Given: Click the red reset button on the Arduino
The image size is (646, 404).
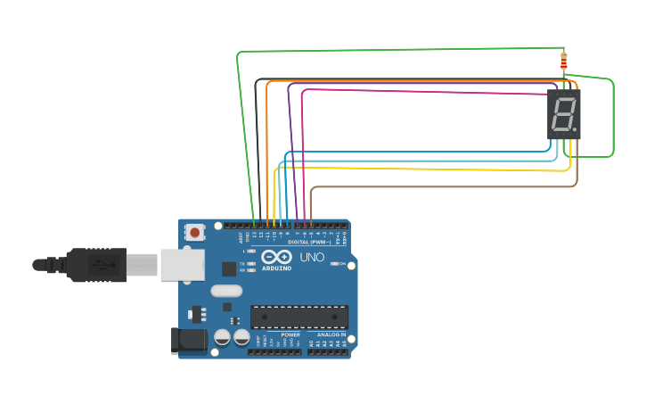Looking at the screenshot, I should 194,232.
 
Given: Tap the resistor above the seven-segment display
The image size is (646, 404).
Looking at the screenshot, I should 563,62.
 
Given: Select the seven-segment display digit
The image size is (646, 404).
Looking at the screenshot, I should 562,114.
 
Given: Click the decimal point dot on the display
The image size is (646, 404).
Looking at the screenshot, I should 576,130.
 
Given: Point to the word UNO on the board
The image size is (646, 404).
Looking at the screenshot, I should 312,257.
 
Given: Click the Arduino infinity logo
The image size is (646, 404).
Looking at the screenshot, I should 276,257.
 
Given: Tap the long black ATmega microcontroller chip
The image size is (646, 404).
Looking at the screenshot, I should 298,317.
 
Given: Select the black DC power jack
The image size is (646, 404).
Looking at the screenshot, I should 188,340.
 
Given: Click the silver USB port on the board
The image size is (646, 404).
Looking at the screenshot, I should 182,264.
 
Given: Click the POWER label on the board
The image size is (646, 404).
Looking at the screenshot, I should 290,334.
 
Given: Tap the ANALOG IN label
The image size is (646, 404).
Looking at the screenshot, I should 331,334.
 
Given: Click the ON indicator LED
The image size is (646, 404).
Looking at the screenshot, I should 333,264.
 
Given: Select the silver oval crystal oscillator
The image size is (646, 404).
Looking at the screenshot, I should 226,291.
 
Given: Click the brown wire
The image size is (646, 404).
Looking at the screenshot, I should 446,187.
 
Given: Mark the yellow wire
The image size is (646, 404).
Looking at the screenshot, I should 428,169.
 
